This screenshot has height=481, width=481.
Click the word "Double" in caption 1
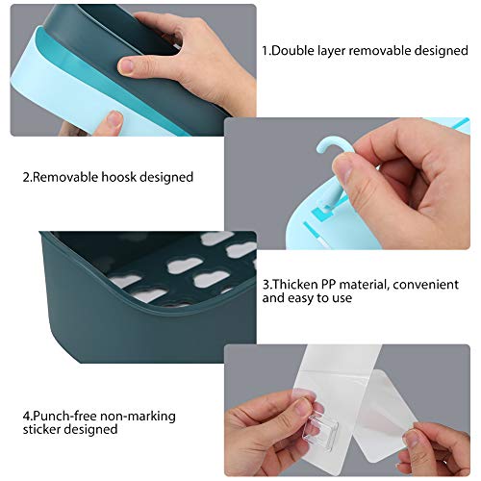tap(291, 51)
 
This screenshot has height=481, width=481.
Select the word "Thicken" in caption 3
tap(295, 285)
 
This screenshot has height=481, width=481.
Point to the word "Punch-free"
tap(65, 416)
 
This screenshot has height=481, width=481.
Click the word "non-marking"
tap(138, 417)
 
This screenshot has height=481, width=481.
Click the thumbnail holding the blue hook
tap(343, 169)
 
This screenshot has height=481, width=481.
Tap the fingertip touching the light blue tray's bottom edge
tap(113, 121)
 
